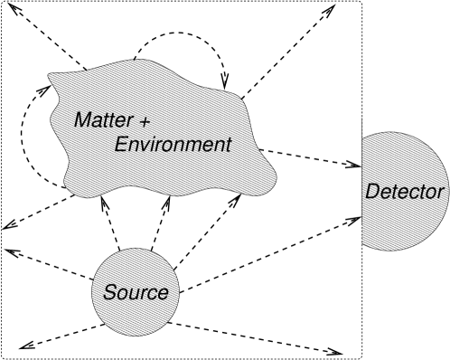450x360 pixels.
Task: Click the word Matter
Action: tap(100, 119)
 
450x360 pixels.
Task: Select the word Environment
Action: tap(173, 145)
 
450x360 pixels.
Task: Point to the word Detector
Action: tap(404, 192)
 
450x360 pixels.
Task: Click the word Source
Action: tap(136, 293)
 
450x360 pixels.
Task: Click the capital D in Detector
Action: tap(371, 192)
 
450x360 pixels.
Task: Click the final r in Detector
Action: tap(441, 193)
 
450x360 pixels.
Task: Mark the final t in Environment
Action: tap(228, 145)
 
